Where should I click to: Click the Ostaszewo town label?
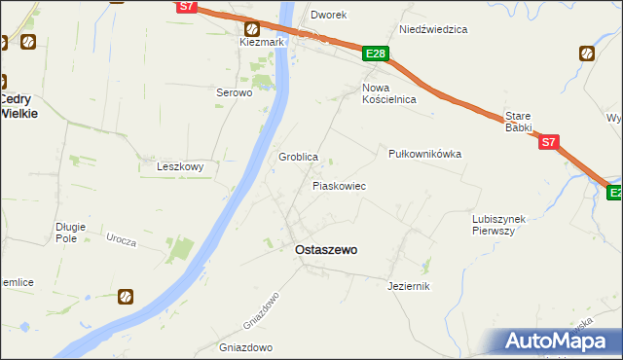[x=325, y=250]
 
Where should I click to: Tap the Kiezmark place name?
[x=261, y=43]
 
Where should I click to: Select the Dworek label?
[x=329, y=16]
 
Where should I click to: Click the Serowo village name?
[x=234, y=93]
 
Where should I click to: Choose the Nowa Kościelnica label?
[x=388, y=93]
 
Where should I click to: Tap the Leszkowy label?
[x=180, y=166]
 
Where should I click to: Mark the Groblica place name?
[x=299, y=157]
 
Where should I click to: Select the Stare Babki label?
[x=519, y=121]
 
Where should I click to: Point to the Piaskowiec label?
[x=339, y=185]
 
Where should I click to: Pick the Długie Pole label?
[x=71, y=233]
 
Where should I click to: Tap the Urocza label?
[x=122, y=239]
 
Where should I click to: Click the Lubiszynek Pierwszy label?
[x=498, y=225]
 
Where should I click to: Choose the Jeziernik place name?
[x=408, y=286]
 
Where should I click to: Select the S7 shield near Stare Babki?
[x=549, y=142]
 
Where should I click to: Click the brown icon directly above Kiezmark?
[x=251, y=28]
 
